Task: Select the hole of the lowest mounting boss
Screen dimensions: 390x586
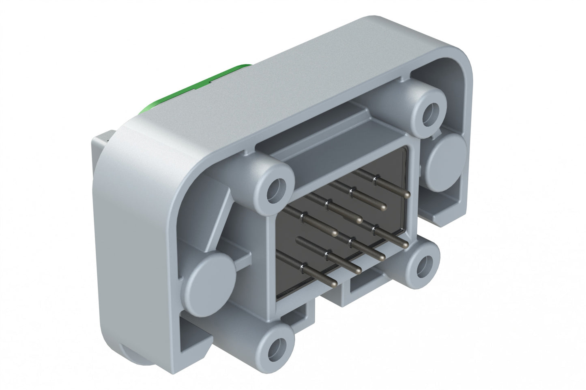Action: pyautogui.click(x=279, y=345)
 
